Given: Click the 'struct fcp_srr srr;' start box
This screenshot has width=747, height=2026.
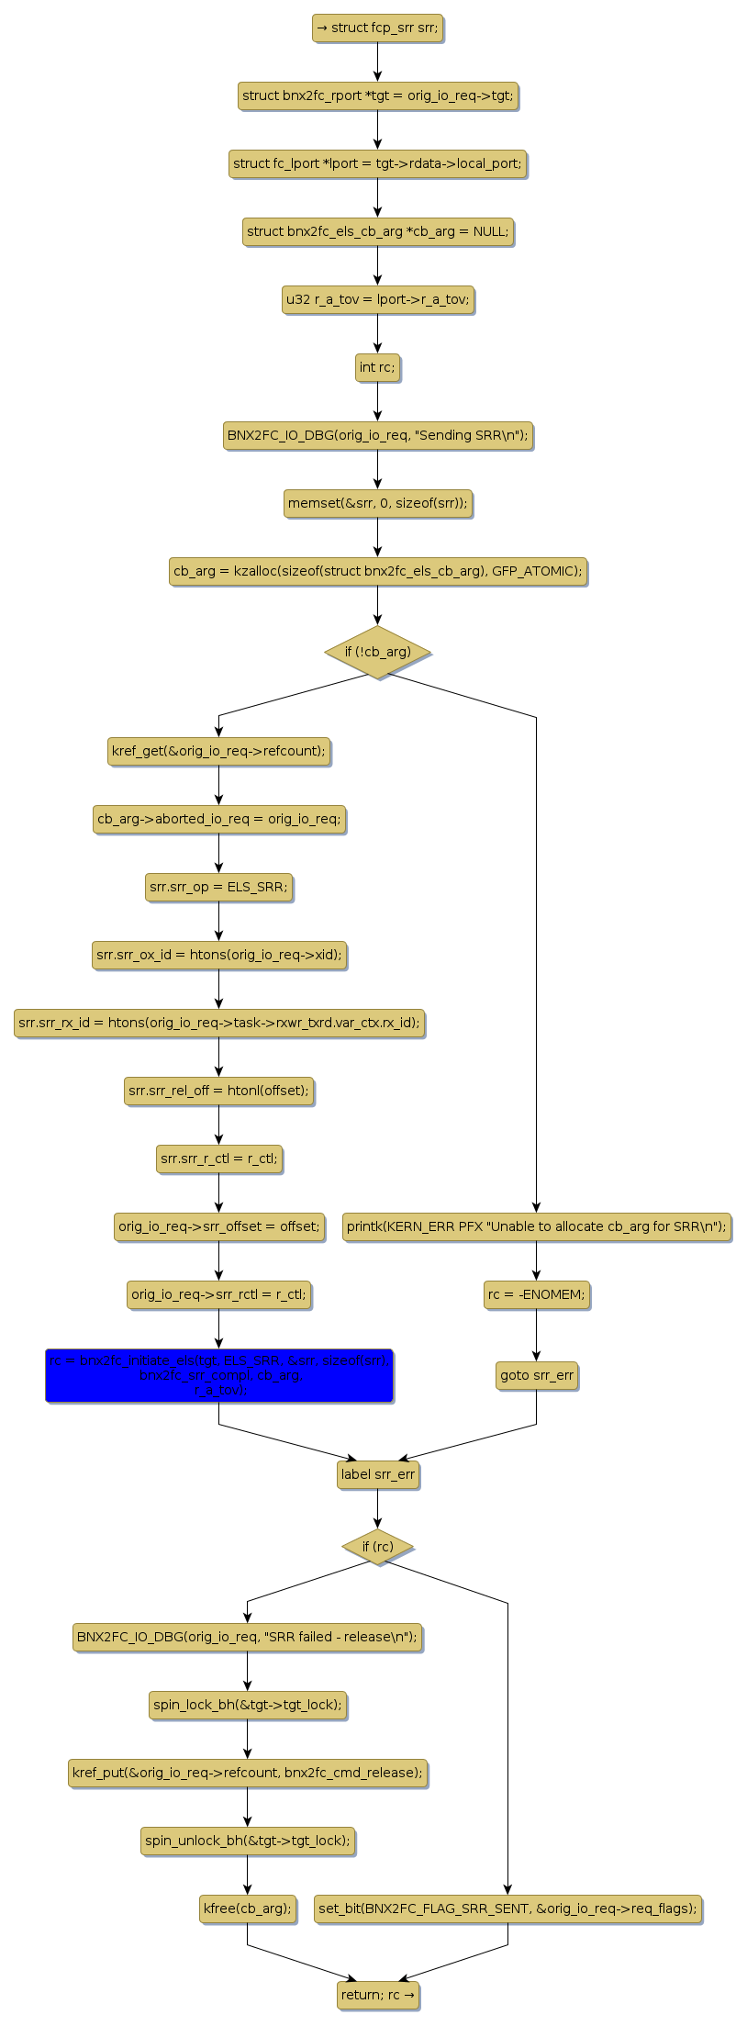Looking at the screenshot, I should [x=377, y=28].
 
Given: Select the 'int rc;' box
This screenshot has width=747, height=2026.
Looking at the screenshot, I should [x=377, y=367].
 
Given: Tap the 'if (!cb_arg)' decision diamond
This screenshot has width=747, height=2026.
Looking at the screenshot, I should [x=377, y=652].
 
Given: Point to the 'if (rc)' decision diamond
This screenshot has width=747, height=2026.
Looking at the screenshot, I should [x=377, y=1547].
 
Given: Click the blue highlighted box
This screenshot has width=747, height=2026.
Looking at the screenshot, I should [x=218, y=1375].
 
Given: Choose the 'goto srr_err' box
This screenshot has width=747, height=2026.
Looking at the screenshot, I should [x=537, y=1375].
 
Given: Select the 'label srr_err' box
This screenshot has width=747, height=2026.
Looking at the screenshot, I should [x=377, y=1475].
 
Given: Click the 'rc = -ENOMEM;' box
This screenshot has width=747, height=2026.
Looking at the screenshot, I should [x=537, y=1294].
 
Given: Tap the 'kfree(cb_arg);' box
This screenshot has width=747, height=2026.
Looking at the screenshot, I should [x=247, y=1908].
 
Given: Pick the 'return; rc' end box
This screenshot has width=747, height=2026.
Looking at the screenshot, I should [x=377, y=1995].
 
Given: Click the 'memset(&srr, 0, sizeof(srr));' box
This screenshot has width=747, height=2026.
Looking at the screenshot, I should [x=377, y=503].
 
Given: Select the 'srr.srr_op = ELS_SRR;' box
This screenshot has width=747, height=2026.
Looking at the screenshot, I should [x=218, y=887].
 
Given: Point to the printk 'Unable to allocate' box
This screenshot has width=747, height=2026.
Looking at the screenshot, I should [x=537, y=1226].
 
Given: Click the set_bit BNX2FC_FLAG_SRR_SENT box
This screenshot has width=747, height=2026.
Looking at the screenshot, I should [x=507, y=1908].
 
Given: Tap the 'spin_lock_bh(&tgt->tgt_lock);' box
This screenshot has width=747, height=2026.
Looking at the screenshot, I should [x=247, y=1705].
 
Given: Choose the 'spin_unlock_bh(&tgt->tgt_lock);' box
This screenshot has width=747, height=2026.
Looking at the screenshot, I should [x=247, y=1841].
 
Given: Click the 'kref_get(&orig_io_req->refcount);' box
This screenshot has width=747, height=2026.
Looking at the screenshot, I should [x=218, y=751].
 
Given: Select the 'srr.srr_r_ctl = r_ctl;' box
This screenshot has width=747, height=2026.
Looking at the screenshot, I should [x=218, y=1159].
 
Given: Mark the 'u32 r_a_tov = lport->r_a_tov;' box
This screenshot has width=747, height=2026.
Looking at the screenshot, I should [x=377, y=299].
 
